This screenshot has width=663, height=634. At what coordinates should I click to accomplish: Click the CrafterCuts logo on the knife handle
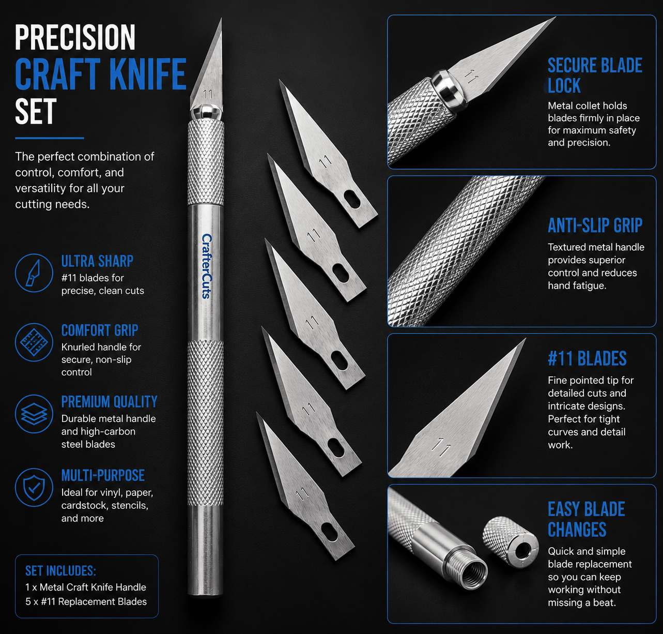pos(207,266)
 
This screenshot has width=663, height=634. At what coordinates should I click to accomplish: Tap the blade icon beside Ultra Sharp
pos(34,273)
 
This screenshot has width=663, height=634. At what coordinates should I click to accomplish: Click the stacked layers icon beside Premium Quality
pos(34,414)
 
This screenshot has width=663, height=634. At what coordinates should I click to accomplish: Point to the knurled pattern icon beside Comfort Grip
pos(34,342)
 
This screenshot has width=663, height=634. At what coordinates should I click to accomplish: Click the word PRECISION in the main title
pos(75,38)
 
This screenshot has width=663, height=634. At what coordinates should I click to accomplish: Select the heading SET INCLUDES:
pos(60,570)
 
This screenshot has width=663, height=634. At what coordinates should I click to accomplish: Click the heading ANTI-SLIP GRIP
pos(595,225)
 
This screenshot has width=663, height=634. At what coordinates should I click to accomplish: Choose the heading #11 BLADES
pos(587,358)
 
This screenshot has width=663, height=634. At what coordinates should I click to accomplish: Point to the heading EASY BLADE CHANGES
pos(587,520)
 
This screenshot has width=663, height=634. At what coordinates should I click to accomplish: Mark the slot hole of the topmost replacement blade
pos(352,200)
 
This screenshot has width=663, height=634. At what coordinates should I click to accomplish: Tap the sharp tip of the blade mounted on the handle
pos(221,19)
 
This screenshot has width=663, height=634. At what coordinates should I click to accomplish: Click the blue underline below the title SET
pos(50,138)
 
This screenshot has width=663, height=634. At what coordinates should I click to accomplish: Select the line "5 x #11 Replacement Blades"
pos(86,601)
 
